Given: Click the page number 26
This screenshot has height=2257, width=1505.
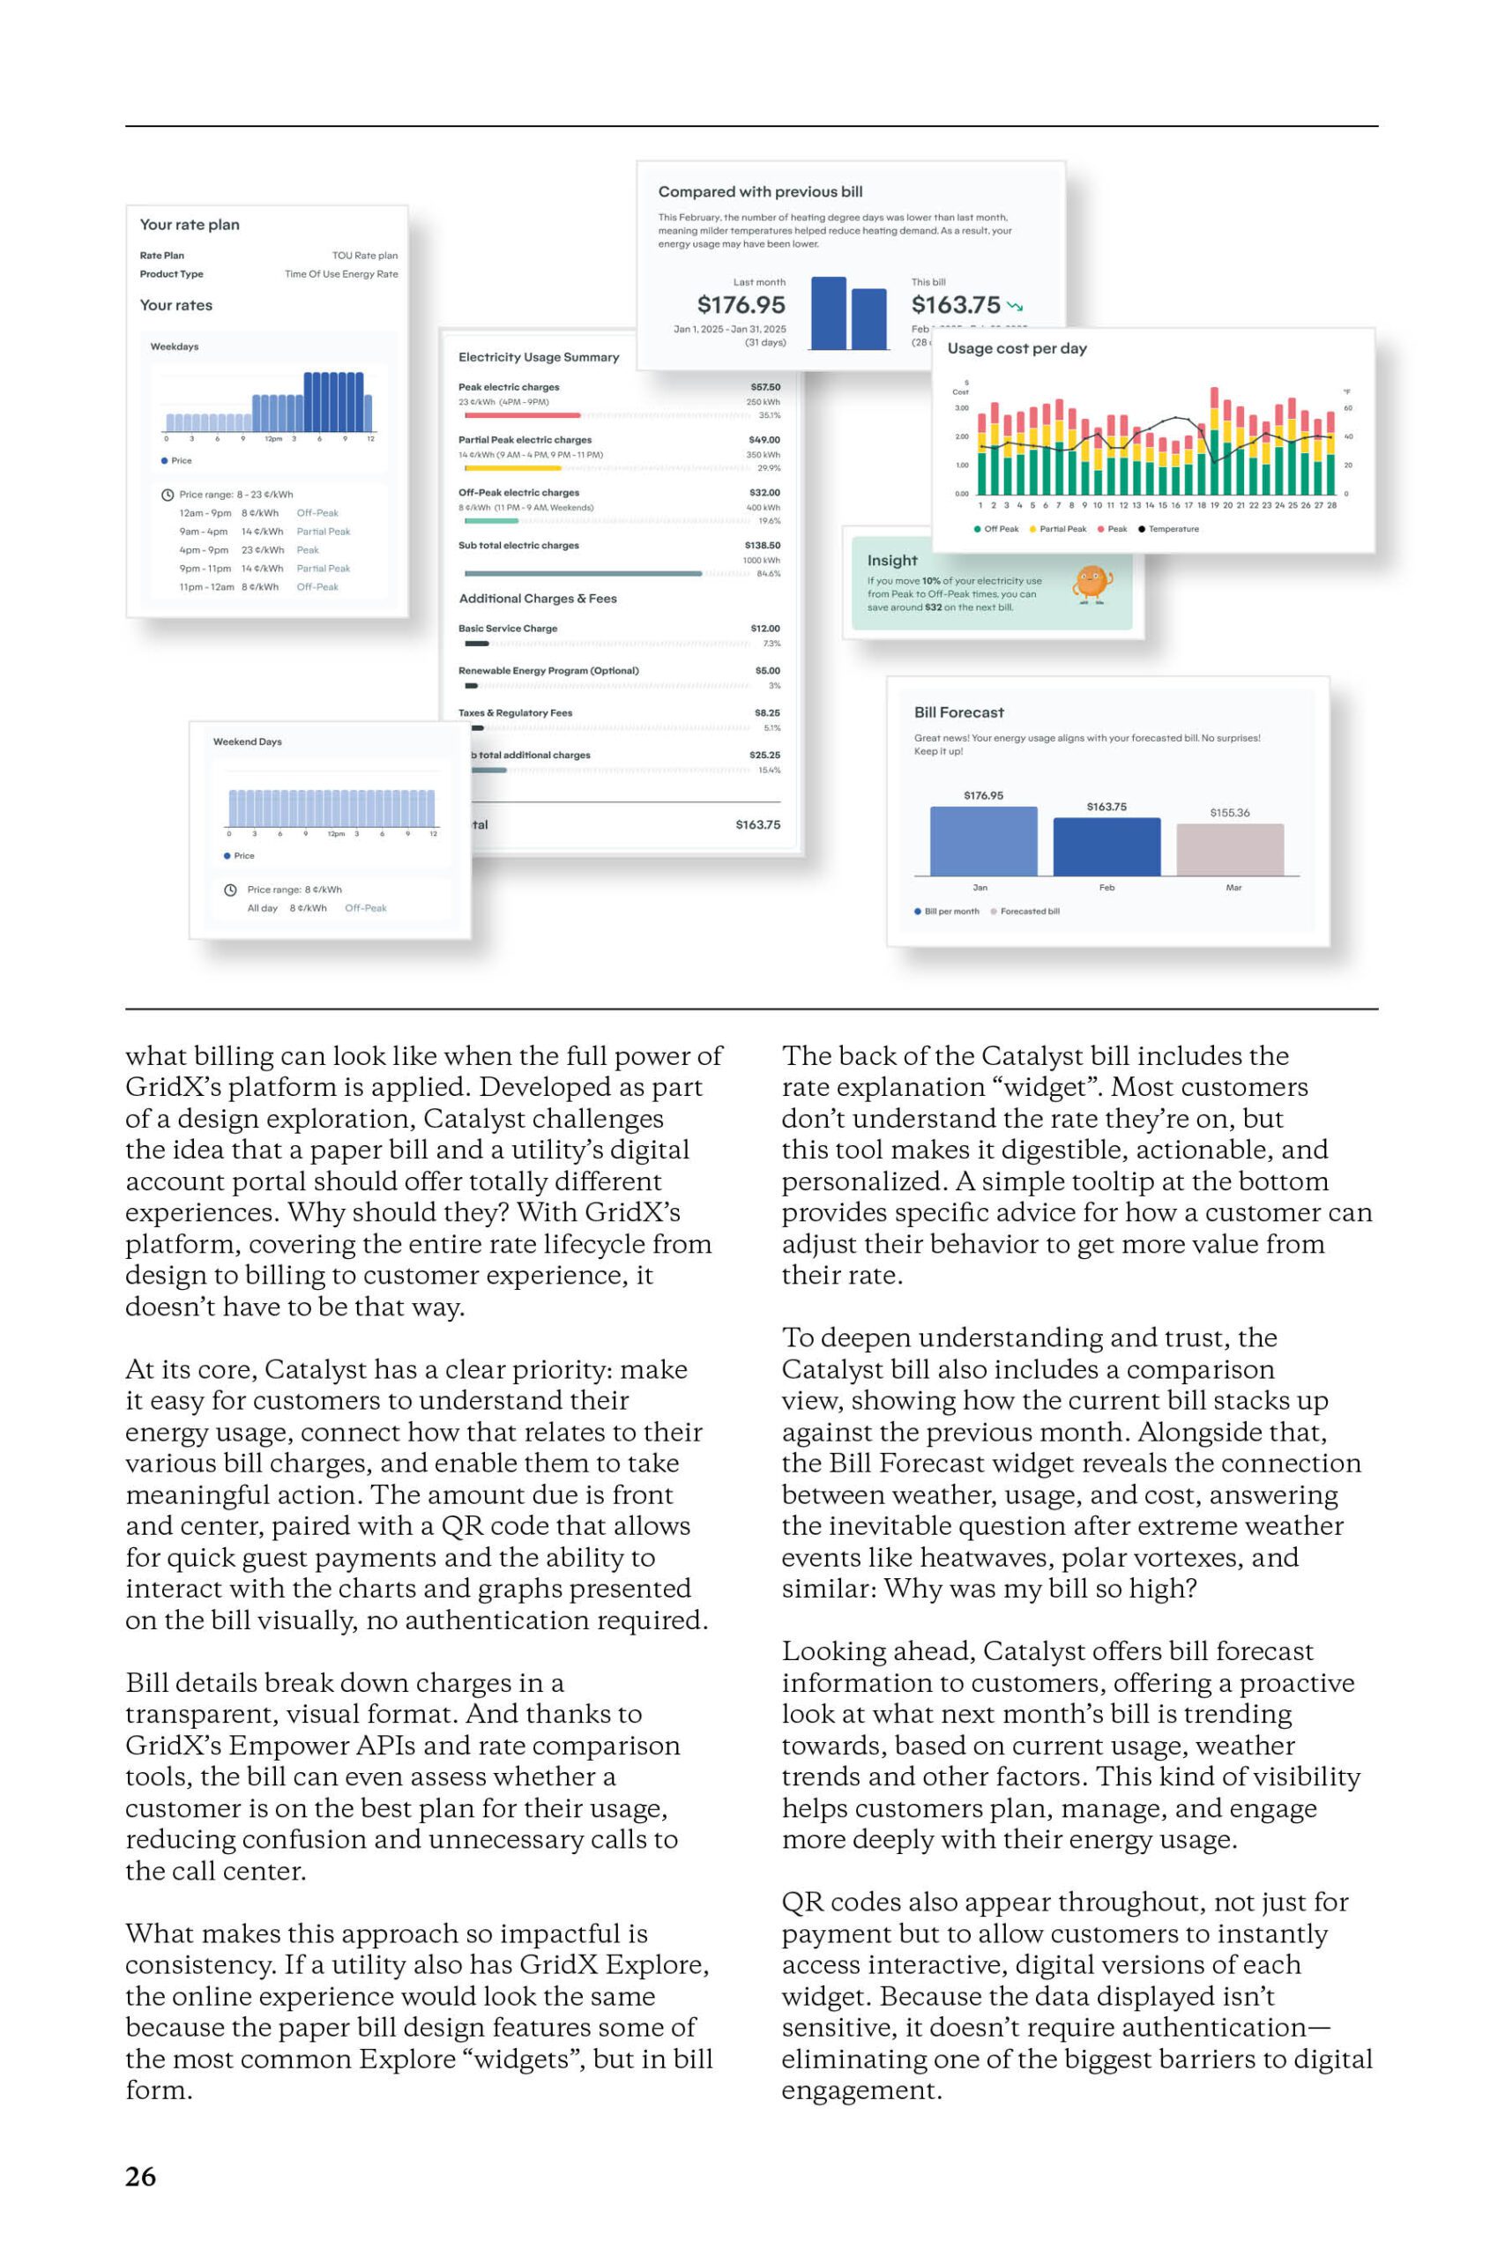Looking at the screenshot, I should [140, 2177].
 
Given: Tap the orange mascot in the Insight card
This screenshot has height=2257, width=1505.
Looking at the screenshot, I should [1091, 583].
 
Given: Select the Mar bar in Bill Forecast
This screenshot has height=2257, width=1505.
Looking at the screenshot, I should [1230, 849].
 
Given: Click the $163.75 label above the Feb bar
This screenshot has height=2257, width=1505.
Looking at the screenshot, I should [1106, 807].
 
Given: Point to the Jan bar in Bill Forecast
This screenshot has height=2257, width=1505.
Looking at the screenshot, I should [983, 840].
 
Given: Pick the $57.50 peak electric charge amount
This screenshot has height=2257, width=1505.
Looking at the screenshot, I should [765, 388].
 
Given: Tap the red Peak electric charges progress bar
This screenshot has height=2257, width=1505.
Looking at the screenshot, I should [522, 415].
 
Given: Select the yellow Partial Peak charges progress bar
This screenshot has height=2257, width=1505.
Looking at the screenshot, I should [512, 468].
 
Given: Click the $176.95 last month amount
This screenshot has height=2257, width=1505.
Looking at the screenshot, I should [741, 305].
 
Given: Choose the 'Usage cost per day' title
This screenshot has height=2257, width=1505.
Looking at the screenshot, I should [1017, 348].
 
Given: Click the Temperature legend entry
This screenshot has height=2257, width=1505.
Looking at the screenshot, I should [1168, 529].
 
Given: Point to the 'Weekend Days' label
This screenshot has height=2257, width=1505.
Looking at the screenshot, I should [248, 741].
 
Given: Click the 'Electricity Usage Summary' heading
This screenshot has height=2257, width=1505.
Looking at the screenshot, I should [539, 357].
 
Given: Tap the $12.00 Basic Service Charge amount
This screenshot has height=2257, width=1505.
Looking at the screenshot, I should [765, 629].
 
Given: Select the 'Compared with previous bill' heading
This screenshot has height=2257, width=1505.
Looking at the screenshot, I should [760, 192].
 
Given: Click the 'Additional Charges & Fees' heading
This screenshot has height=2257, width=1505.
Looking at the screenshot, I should [538, 599].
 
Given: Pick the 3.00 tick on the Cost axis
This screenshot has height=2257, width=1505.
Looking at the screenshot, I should [961, 408].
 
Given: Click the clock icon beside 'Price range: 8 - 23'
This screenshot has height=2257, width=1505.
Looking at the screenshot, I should [167, 495].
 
